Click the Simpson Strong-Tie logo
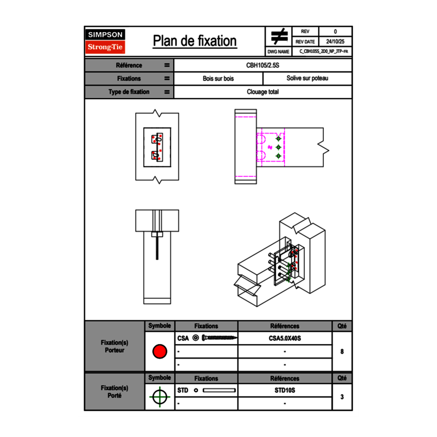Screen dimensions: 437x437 pos(106,41)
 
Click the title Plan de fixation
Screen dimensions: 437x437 pos(195,41)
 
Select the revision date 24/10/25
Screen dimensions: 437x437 pos(335,42)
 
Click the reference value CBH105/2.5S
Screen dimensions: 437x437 pos(263,66)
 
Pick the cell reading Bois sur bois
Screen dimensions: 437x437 pos(218,78)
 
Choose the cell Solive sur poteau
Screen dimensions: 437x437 pos(307,78)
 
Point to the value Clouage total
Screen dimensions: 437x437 pos(263,92)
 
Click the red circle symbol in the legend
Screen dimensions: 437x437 pos(159,352)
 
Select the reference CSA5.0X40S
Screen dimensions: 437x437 pos(285,338)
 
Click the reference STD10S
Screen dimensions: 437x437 pos(285,390)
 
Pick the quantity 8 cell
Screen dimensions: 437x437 pos(342,352)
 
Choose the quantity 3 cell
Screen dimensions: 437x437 pos(342,397)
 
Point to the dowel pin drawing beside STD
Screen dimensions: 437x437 pos(219,390)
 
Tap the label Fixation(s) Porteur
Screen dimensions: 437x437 pos(114,347)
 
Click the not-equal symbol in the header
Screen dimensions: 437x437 pos(279,37)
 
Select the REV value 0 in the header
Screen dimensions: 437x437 pos(335,32)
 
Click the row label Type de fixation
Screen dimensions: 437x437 pos(129,92)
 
